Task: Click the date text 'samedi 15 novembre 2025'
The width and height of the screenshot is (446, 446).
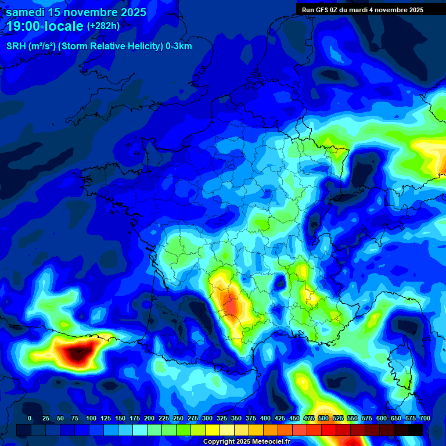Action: tap(76, 12)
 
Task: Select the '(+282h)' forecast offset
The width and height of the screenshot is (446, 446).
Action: tap(103, 26)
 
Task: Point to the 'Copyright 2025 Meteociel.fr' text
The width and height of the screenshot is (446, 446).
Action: tap(246, 441)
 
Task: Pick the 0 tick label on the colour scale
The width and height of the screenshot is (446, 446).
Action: tap(30, 418)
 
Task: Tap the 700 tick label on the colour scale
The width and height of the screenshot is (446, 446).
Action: tap(425, 418)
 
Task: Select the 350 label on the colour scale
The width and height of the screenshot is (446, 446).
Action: tap(236, 418)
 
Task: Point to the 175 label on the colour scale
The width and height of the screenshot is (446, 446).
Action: tap(135, 418)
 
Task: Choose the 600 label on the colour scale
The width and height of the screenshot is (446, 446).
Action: tap(382, 418)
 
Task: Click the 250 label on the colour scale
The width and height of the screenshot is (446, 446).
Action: tap(178, 418)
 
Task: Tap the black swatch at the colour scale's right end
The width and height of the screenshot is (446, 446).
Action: tap(416, 430)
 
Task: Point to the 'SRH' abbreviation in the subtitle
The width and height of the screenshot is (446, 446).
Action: tap(16, 46)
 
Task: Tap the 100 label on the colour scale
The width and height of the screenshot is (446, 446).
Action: tap(91, 418)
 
